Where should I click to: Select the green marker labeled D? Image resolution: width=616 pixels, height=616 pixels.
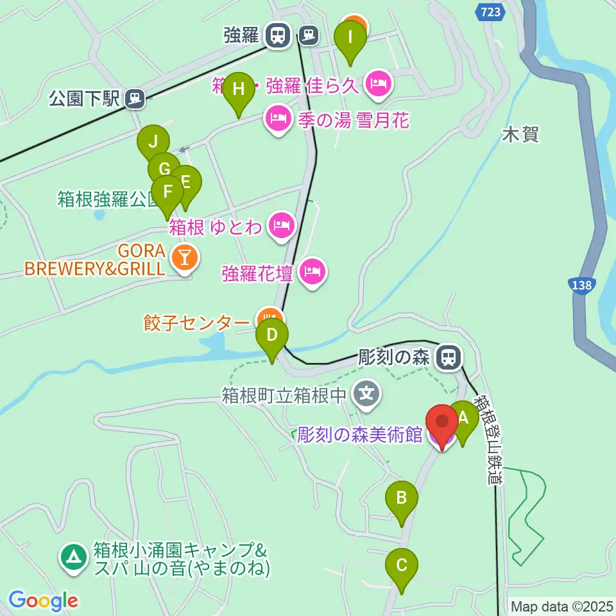[271, 336]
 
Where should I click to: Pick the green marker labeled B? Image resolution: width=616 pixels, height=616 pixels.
[402, 498]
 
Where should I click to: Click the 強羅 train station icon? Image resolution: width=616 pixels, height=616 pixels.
[277, 35]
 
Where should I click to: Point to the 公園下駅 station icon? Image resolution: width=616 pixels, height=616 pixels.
[135, 98]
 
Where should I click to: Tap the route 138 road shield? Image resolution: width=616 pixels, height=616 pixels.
[582, 286]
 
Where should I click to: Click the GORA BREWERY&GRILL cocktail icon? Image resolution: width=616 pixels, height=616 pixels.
[185, 259]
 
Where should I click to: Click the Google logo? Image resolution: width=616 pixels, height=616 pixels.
[43, 601]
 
